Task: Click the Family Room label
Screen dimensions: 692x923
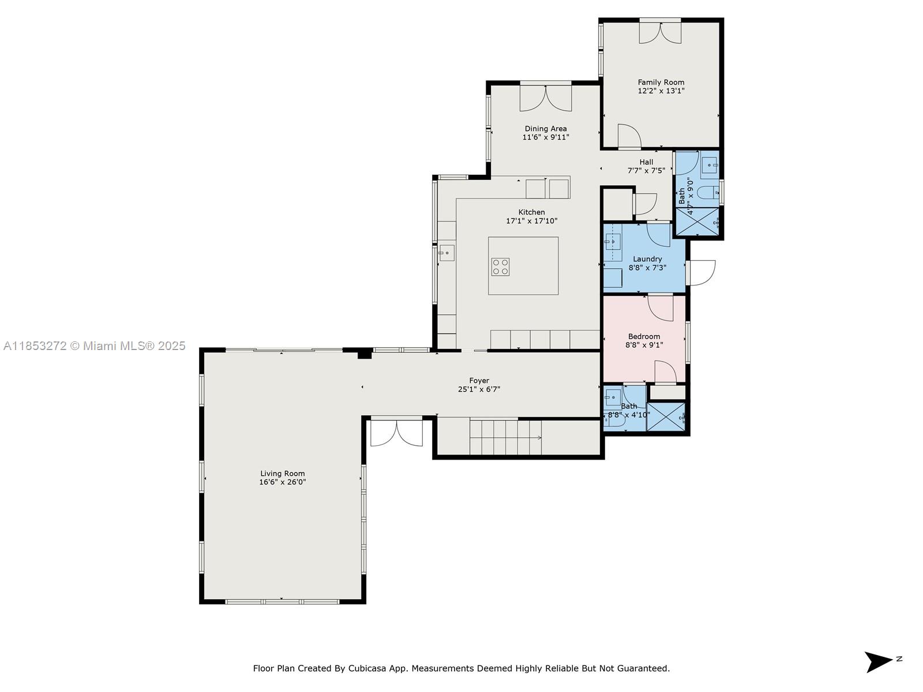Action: [661, 82]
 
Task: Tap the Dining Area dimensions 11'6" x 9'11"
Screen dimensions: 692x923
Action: [546, 137]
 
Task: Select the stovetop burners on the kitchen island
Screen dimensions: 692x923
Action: [500, 266]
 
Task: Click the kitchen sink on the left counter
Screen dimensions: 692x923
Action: [447, 253]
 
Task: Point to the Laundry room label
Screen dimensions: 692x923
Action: [647, 259]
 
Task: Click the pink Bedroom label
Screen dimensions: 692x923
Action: [644, 336]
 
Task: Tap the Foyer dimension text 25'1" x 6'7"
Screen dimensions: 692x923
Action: [479, 389]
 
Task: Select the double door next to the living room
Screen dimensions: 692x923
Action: [396, 432]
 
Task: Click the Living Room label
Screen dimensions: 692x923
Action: [282, 473]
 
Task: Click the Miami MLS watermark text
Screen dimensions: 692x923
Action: [95, 346]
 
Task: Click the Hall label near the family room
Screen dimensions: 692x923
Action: [646, 162]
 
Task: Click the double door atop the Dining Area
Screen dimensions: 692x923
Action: [546, 97]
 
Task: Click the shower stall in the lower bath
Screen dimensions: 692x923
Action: [666, 417]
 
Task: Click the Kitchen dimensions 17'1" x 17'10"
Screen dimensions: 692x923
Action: [531, 221]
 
